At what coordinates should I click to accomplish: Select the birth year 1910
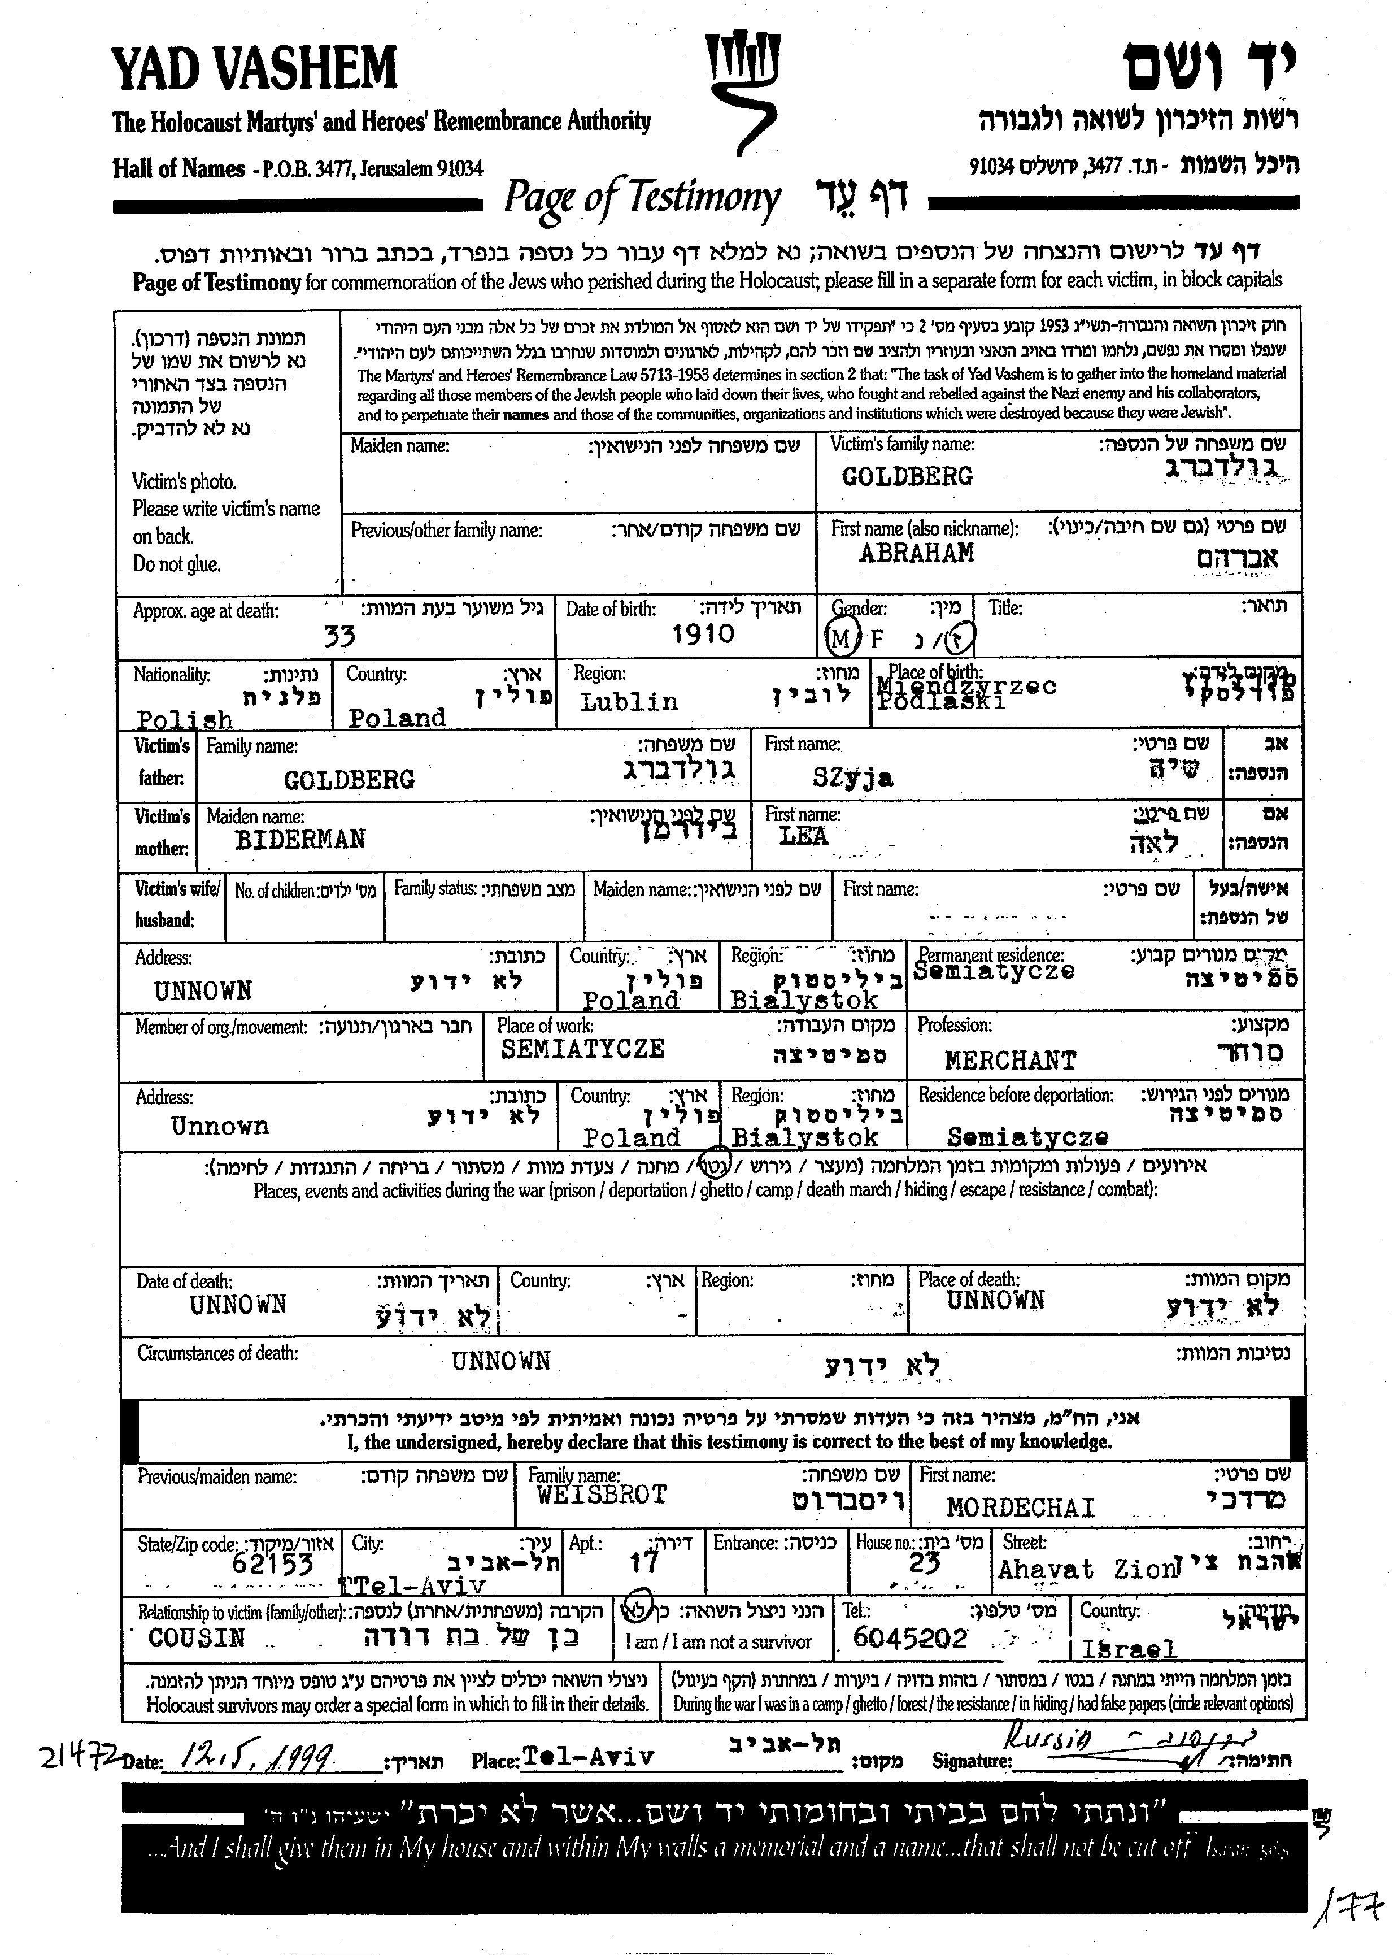tap(703, 635)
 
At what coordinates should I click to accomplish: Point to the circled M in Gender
tap(839, 638)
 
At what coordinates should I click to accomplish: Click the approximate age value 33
tap(339, 636)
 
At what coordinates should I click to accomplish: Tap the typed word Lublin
tap(629, 702)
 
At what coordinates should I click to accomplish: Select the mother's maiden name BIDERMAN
tap(299, 839)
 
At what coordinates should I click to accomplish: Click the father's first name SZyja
tap(852, 778)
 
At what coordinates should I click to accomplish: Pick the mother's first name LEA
tap(803, 836)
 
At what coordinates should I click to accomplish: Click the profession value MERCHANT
tap(1010, 1061)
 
